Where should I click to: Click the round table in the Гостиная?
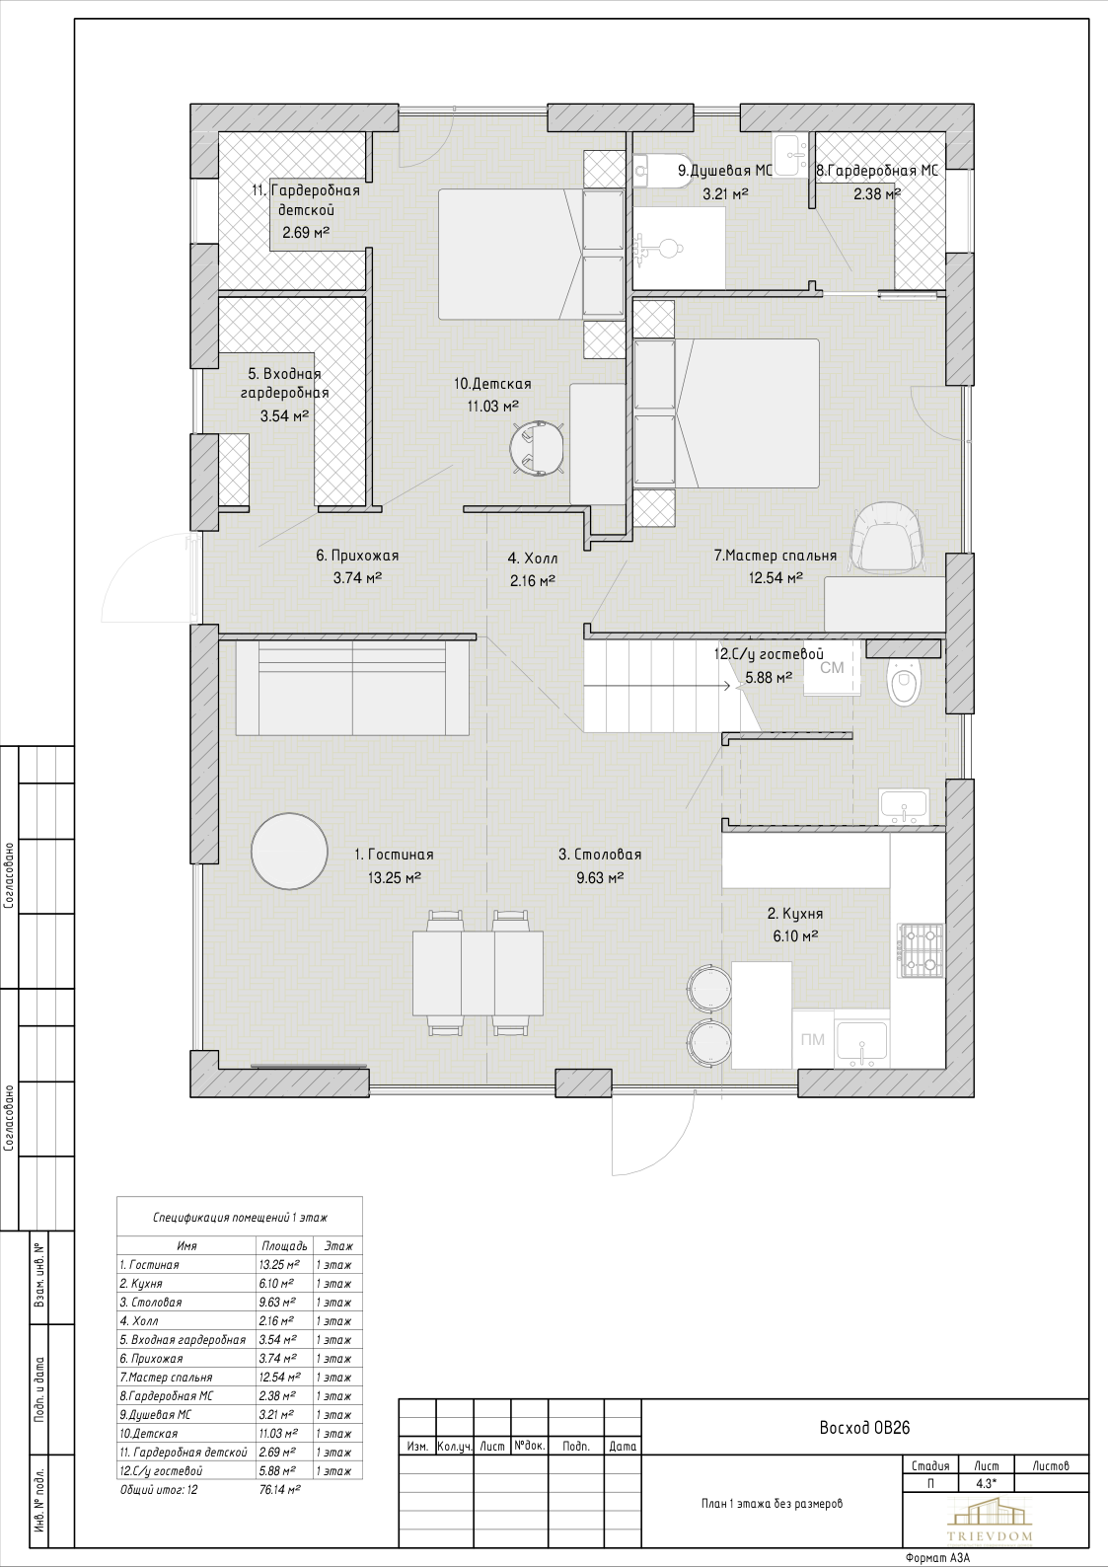[x=290, y=851]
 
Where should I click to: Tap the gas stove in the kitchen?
[x=921, y=950]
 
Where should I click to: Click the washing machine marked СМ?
[x=832, y=669]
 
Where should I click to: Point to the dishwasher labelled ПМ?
[x=813, y=1039]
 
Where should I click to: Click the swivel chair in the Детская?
[x=537, y=448]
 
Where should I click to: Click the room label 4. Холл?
[x=533, y=559]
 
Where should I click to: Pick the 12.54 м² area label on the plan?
[x=776, y=578]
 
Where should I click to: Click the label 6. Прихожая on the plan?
[x=357, y=556]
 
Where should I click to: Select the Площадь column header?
[x=285, y=1246]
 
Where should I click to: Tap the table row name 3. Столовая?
[x=151, y=1303]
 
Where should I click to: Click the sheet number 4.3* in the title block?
[x=987, y=1483]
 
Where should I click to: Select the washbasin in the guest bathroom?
[x=904, y=806]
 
